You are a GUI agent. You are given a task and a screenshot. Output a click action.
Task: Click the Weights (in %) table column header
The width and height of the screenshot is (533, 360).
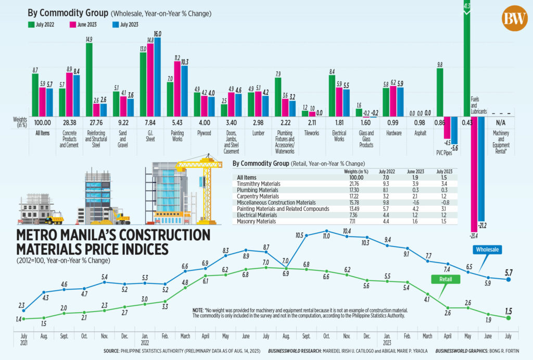[357, 171]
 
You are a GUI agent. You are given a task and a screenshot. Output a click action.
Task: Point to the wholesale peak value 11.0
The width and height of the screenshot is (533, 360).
[326, 236]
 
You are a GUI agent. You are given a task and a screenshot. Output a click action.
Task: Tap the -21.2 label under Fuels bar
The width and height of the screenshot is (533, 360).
[481, 225]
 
